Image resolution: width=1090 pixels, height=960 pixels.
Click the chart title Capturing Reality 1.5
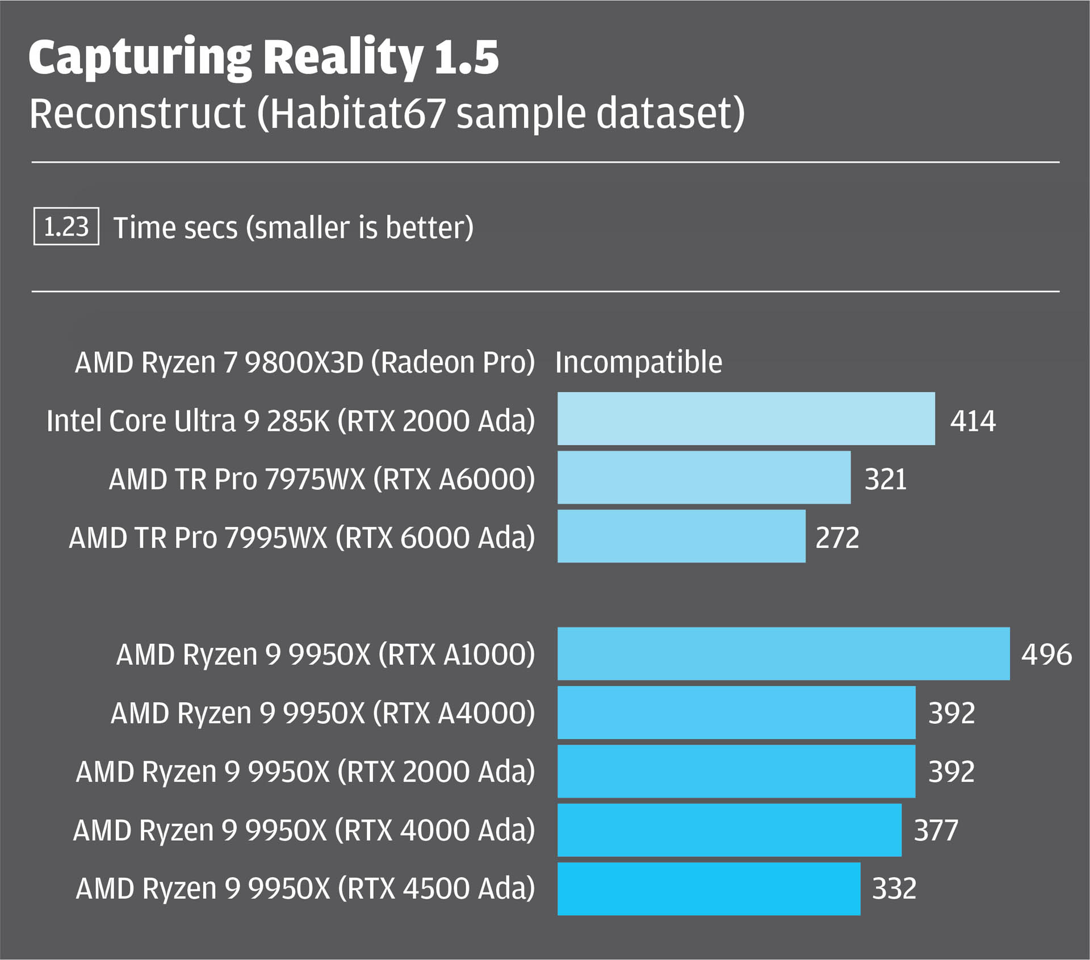click(263, 58)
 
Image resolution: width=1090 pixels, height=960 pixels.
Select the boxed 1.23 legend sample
click(66, 227)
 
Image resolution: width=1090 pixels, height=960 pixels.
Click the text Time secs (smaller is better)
click(293, 228)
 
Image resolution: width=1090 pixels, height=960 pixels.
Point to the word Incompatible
click(639, 362)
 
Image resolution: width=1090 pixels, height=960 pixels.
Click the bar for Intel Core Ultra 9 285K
click(746, 418)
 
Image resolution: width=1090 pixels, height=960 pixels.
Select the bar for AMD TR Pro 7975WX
click(704, 477)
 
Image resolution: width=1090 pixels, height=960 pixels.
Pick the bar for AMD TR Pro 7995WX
click(681, 536)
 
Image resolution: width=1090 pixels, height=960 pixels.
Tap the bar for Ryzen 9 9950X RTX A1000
click(783, 653)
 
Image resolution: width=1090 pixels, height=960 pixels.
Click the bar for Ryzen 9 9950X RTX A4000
click(736, 712)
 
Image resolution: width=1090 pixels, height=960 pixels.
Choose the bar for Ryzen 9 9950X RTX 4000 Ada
click(730, 829)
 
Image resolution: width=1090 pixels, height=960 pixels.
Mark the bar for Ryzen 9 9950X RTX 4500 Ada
click(709, 888)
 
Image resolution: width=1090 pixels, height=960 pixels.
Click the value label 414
click(973, 421)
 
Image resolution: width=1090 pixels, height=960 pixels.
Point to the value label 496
click(1046, 655)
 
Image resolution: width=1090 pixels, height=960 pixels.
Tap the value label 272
click(837, 538)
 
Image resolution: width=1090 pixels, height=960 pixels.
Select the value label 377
click(936, 831)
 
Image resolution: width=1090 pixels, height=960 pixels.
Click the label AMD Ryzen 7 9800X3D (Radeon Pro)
click(305, 363)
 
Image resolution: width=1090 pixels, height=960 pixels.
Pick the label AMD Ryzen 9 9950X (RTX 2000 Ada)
click(305, 772)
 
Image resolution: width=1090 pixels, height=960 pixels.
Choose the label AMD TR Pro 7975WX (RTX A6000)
click(322, 479)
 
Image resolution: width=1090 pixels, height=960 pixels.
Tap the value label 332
click(894, 889)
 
